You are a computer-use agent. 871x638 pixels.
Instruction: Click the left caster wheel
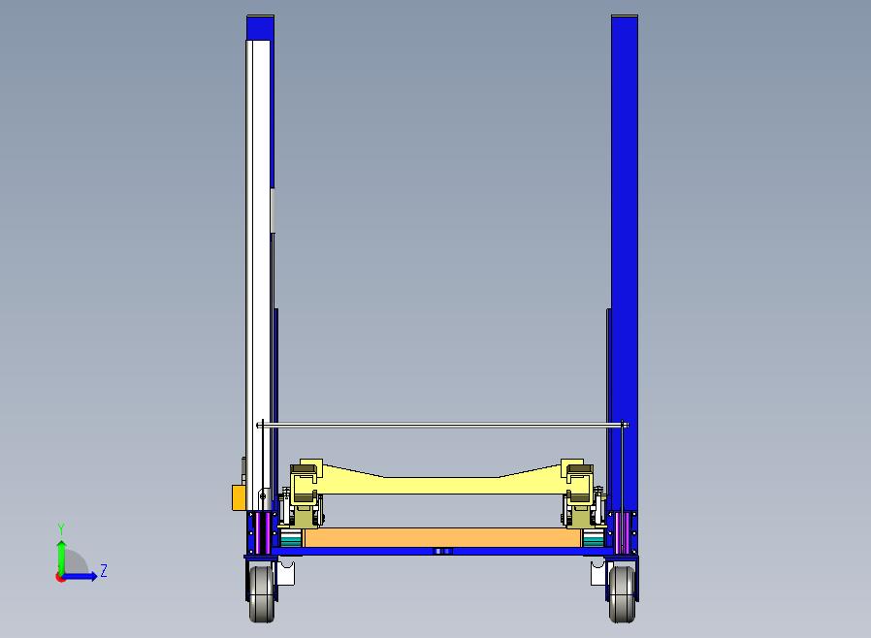coord(261,592)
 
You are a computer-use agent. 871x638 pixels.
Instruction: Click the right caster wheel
coord(622,592)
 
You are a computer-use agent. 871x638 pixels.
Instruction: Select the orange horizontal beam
coord(442,537)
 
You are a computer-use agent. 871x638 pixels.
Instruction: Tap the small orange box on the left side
coord(238,497)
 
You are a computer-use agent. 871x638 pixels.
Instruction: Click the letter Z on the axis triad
coord(104,571)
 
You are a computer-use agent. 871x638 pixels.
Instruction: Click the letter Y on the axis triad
coord(61,529)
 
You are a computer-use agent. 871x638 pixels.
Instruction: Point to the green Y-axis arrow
coord(61,555)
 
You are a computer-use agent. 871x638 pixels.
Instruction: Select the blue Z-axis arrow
coord(81,576)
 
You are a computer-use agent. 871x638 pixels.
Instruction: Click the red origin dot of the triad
coord(60,577)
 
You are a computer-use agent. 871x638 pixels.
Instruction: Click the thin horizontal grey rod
coord(442,425)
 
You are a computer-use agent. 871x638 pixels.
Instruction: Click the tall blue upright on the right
coord(624,194)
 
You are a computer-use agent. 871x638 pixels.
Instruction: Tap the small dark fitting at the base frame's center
coord(442,551)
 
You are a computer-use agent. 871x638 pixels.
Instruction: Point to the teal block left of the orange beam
coord(290,537)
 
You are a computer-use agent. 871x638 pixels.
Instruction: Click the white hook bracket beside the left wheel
coord(285,574)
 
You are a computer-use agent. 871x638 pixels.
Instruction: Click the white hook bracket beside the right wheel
coord(597,574)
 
